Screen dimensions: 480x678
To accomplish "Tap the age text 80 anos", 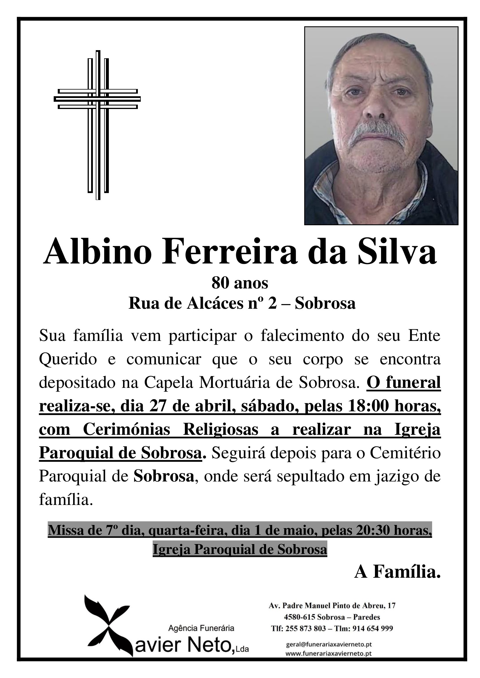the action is (240, 283).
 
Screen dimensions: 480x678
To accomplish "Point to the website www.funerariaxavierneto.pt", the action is (329, 653).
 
